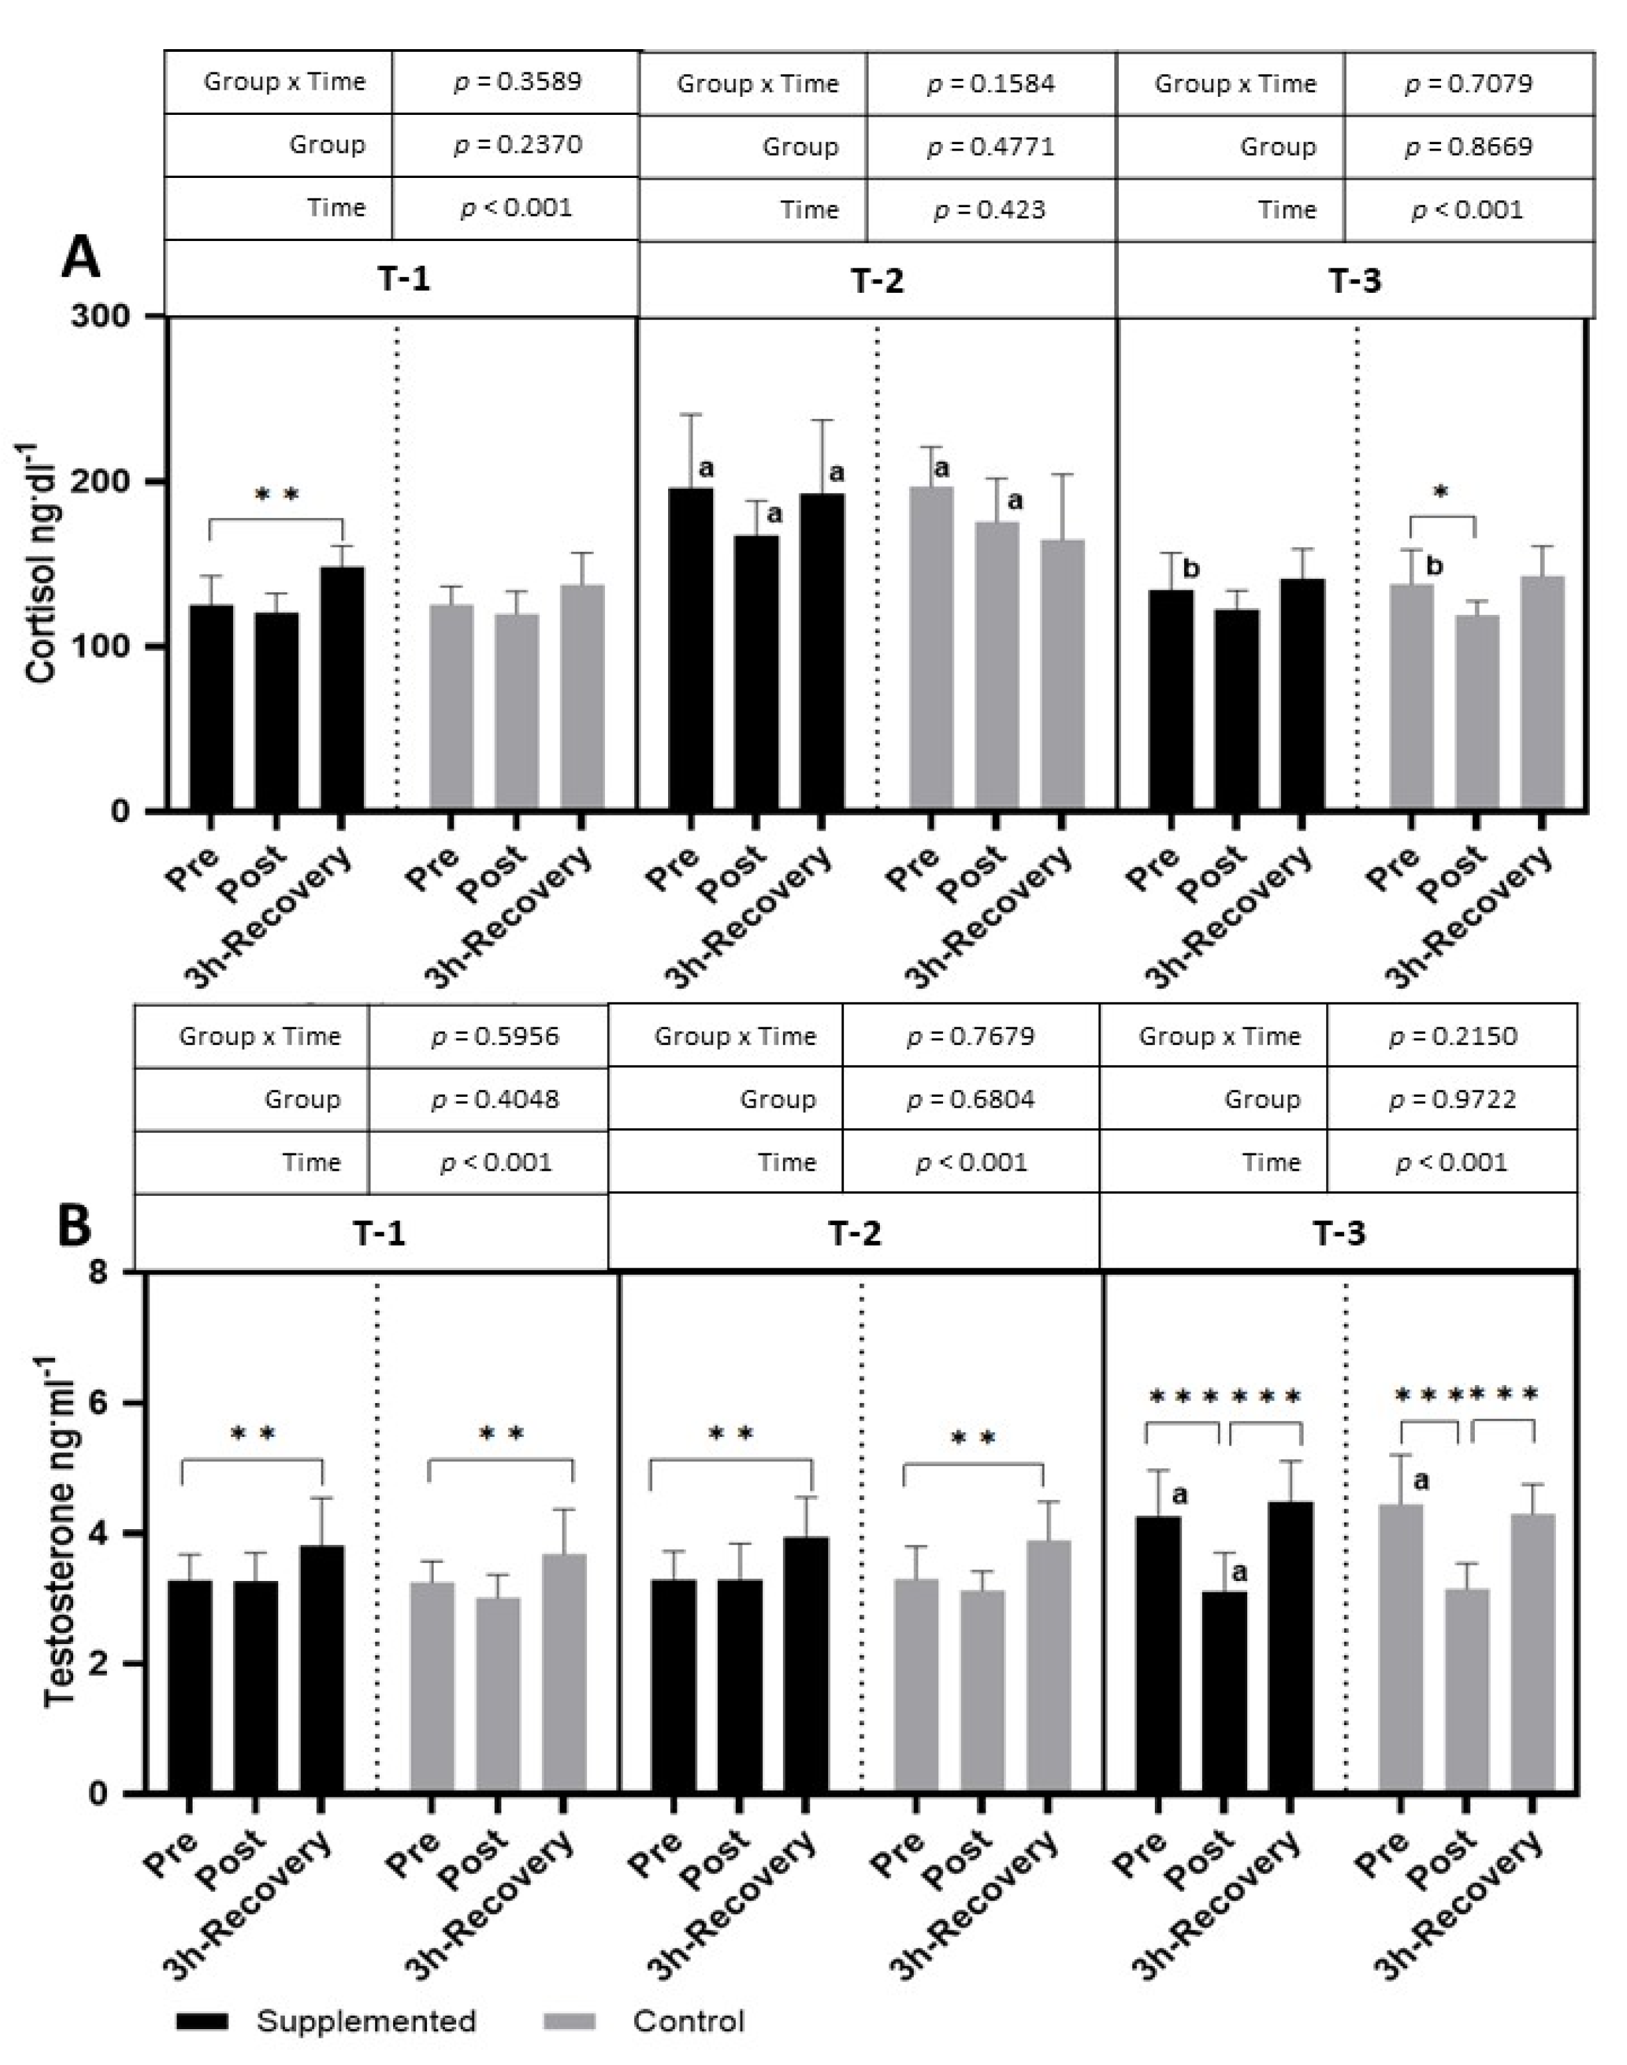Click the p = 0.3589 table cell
pyautogui.click(x=515, y=82)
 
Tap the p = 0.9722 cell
pyautogui.click(x=1452, y=1099)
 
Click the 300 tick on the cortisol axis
pyautogui.click(x=100, y=316)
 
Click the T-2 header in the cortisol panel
pyautogui.click(x=877, y=281)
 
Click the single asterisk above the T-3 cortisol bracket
pyautogui.click(x=1440, y=493)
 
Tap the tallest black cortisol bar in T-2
pyautogui.click(x=691, y=647)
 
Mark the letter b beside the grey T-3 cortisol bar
pyautogui.click(x=1434, y=567)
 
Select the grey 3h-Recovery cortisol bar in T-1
pyautogui.click(x=581, y=697)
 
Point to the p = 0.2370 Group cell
pyautogui.click(x=515, y=145)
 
